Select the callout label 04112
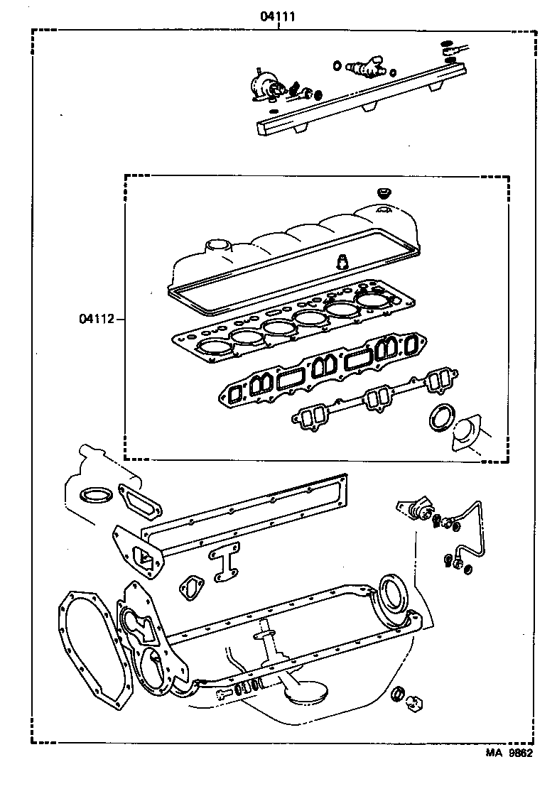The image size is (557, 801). pos(96,318)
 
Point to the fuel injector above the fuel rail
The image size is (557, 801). pos(364,68)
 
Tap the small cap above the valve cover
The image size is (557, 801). pos(384,192)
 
